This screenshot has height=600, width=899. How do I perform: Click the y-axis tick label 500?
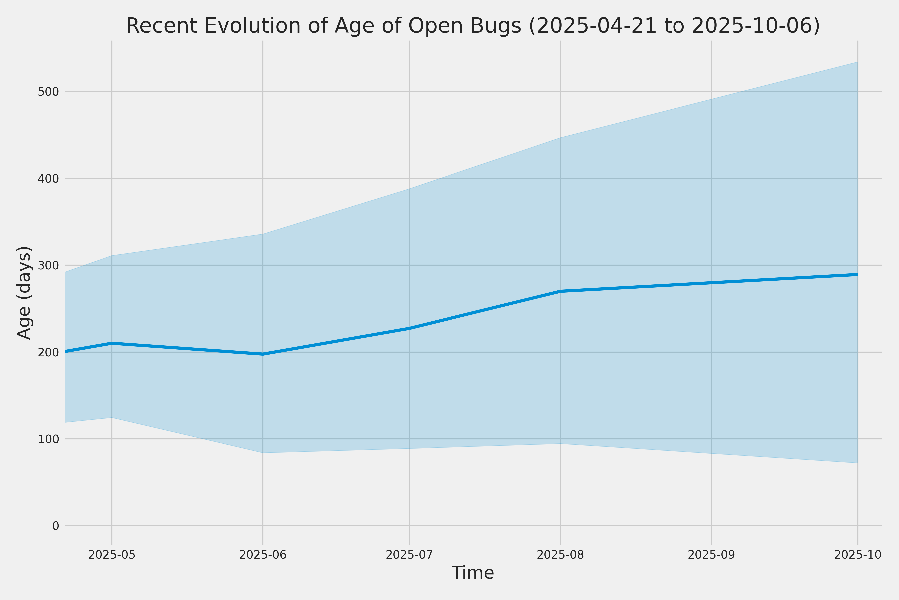[x=48, y=92]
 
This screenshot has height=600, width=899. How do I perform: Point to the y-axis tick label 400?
[x=48, y=179]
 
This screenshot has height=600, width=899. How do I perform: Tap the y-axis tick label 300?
[x=48, y=265]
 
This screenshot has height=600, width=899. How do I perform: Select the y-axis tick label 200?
[x=48, y=352]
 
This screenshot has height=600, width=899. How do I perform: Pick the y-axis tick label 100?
[x=48, y=439]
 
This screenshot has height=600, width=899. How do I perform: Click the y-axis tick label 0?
[x=56, y=526]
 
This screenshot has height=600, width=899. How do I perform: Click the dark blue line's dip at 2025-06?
[x=263, y=354]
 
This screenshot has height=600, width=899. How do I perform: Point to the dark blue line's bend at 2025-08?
[x=560, y=291]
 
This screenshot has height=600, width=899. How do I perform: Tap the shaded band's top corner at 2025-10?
[x=858, y=62]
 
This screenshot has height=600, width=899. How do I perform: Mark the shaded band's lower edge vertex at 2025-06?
[x=263, y=453]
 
